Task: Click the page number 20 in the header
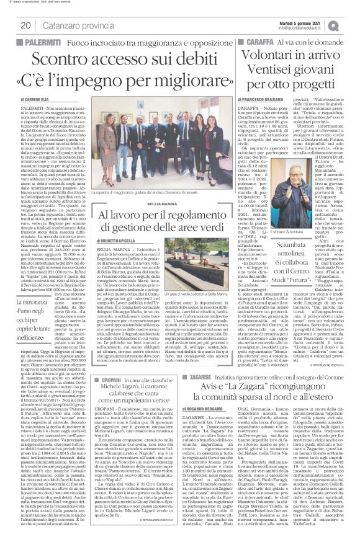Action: pos(26,25)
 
